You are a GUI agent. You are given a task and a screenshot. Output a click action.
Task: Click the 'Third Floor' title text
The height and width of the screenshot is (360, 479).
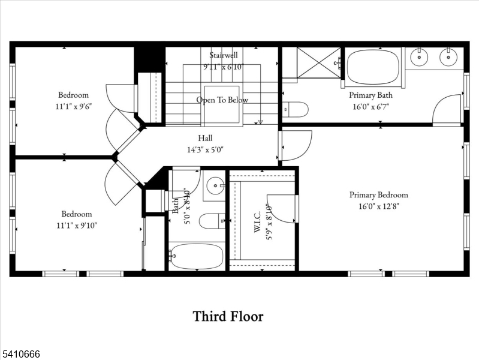(228, 316)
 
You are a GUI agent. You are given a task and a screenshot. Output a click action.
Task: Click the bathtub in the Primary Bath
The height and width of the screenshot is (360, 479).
(373, 64)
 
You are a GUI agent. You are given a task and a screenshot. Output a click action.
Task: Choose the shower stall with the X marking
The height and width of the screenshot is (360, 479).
(319, 62)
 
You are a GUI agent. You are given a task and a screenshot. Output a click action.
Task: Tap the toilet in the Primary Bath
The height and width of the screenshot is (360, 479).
(296, 110)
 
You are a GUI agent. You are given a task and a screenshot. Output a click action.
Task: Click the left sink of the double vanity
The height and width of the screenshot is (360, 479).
(418, 58)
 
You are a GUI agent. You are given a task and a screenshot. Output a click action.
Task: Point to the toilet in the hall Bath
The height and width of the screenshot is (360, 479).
(211, 221)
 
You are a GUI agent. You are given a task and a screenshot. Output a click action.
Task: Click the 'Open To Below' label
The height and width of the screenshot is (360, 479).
(222, 100)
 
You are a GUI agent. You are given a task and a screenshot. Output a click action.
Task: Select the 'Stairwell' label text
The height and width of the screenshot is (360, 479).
(222, 56)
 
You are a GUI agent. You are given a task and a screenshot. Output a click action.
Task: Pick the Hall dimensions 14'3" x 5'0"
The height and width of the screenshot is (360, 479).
(206, 149)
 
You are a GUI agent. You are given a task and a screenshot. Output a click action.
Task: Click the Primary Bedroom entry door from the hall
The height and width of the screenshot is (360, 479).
(296, 146)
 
